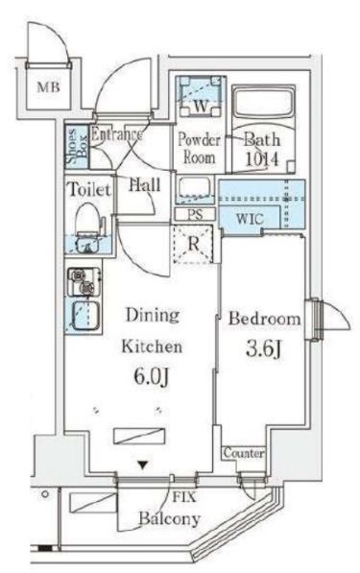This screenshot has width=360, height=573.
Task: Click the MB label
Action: (x=49, y=87)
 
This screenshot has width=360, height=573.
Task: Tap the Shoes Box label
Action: (x=77, y=146)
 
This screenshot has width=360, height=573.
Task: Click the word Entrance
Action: (x=116, y=134)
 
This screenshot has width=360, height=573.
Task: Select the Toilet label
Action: (x=89, y=190)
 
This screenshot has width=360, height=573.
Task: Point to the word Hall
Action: (x=145, y=184)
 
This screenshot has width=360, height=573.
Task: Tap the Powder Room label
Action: (x=199, y=148)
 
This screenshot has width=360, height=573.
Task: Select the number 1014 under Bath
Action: (x=262, y=159)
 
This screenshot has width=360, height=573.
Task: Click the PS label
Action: (x=195, y=214)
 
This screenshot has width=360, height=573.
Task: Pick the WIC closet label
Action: (x=250, y=219)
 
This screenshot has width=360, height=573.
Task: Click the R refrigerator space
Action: (x=193, y=244)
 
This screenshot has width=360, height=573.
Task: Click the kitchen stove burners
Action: (x=84, y=282)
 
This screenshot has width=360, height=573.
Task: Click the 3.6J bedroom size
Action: (x=263, y=349)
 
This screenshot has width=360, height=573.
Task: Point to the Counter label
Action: (x=243, y=453)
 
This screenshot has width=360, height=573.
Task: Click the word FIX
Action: (x=184, y=497)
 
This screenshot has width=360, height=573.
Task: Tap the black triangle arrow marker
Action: (x=143, y=466)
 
